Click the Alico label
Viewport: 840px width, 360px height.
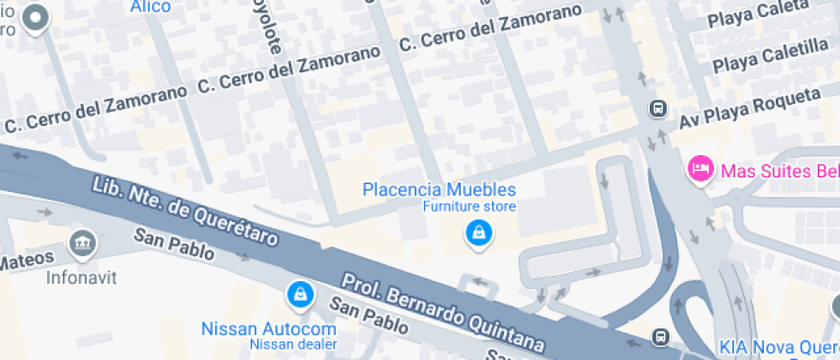(150, 7)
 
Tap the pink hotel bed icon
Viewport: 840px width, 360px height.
(700, 168)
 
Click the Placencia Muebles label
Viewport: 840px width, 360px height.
(439, 189)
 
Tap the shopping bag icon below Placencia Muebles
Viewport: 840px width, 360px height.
(477, 232)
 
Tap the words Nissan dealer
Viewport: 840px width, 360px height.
(293, 345)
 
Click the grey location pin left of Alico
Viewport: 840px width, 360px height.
(35, 18)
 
